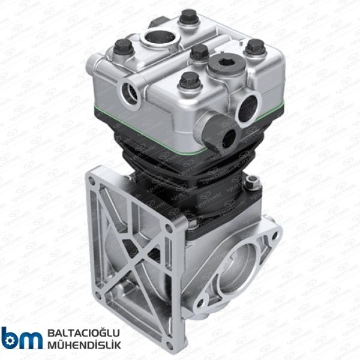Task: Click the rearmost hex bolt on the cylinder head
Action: (188, 17)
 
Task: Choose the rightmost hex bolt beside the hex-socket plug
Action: (254, 47)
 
